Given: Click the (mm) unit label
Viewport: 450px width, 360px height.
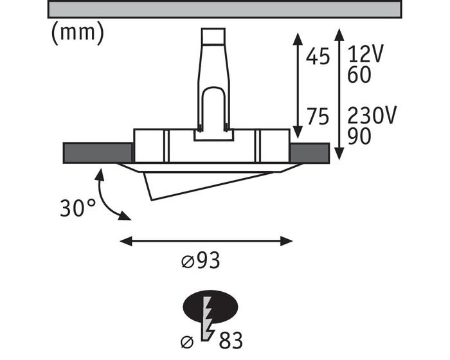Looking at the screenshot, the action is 78,33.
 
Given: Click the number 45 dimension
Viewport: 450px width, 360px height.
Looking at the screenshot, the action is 318,57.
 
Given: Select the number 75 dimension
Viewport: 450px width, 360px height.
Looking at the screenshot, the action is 318,117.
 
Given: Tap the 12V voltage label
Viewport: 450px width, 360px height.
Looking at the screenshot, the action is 365,54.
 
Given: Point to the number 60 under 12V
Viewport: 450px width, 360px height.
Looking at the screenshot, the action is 359,75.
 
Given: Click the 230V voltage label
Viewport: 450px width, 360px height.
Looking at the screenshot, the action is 372,116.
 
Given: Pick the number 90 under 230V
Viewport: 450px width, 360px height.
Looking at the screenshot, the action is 359,136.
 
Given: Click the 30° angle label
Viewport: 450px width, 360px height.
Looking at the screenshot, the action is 78,208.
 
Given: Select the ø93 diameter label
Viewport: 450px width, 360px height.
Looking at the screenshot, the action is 201,260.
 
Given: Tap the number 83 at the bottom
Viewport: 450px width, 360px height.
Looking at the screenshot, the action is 231,341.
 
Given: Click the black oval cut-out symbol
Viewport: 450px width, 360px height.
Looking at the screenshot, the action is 210,307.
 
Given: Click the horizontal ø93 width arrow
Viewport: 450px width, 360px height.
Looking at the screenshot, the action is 206,241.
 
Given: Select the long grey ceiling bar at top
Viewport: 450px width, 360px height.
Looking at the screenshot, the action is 224,10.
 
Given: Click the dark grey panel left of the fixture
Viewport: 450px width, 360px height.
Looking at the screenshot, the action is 98,153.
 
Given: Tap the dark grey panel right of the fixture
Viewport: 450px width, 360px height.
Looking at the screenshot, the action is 310,153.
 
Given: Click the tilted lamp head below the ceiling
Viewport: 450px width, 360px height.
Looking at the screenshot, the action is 208,185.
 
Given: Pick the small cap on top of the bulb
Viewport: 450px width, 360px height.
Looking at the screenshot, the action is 213,36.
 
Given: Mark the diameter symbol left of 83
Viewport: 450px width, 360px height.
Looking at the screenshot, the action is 187,342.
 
